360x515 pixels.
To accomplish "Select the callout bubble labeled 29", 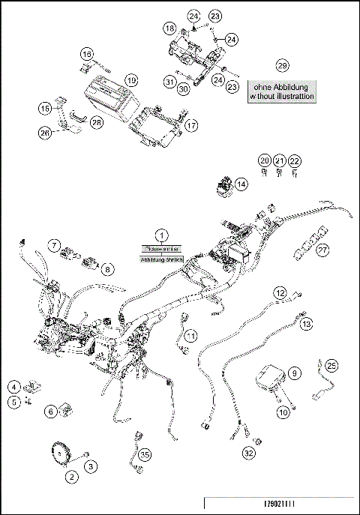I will (282, 64).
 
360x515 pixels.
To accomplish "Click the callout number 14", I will (240, 184).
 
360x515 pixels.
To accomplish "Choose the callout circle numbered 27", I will (322, 250).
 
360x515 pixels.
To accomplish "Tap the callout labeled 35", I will (145, 454).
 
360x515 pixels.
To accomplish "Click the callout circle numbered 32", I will (248, 453).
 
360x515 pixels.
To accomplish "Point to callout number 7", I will (54, 244).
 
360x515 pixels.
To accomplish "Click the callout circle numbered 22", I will (295, 161).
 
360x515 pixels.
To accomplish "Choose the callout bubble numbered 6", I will (49, 411).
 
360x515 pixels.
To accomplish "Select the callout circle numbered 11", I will (191, 334).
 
